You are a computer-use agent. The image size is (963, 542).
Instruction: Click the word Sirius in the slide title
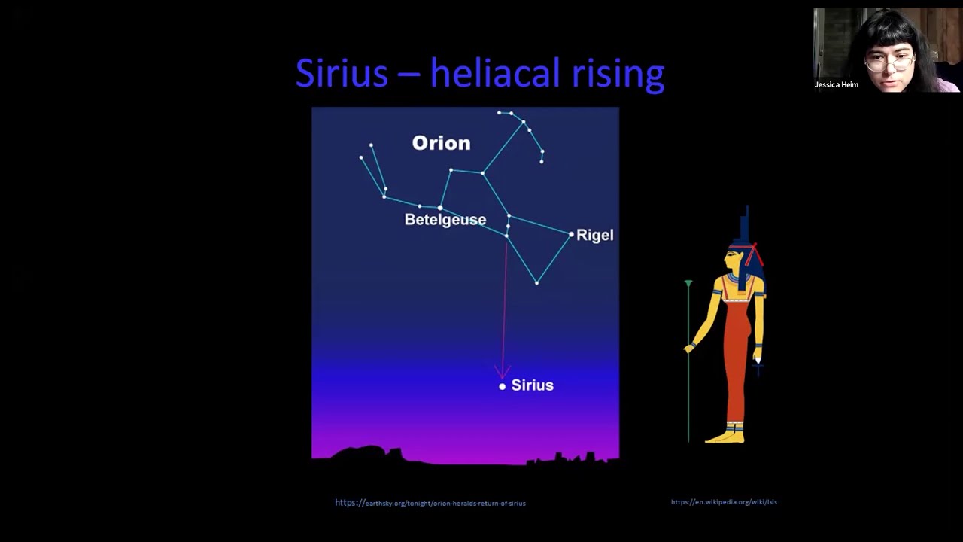click(x=342, y=74)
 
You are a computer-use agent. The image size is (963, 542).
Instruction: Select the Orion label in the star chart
click(x=441, y=143)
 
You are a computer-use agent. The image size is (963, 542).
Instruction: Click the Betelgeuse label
click(x=445, y=220)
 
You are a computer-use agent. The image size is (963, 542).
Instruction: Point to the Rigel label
click(x=594, y=236)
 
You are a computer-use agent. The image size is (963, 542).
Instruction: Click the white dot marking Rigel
click(x=571, y=235)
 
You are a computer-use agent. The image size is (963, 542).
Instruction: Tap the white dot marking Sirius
click(x=503, y=386)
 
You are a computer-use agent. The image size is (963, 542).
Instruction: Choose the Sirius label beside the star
click(x=532, y=385)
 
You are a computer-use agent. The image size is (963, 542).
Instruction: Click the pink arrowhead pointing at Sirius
click(x=502, y=372)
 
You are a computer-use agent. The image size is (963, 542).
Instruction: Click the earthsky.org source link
click(x=430, y=503)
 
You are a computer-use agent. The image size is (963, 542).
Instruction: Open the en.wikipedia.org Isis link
click(x=724, y=502)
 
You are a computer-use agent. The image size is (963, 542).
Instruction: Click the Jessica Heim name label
click(x=836, y=85)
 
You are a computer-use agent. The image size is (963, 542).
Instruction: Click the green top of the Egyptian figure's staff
click(x=688, y=284)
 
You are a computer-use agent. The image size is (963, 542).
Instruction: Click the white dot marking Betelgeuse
click(x=440, y=208)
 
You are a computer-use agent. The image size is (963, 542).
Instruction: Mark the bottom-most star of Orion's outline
click(x=536, y=283)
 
